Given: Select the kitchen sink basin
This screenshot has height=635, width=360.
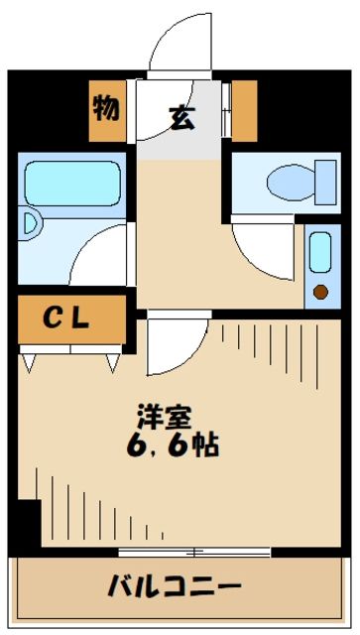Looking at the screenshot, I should tap(319, 254).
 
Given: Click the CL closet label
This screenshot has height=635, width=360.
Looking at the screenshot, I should tap(66, 318).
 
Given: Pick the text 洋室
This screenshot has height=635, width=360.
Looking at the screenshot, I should tap(161, 417).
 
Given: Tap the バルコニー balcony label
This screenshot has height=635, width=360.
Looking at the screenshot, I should tap(175, 585).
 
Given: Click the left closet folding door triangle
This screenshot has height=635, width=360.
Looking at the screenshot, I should tap(29, 362).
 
